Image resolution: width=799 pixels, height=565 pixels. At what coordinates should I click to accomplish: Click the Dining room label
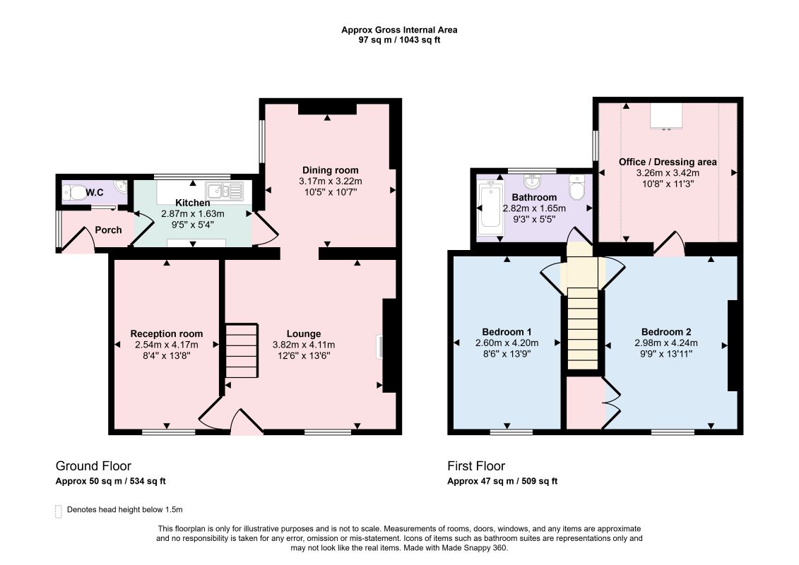click(330, 170)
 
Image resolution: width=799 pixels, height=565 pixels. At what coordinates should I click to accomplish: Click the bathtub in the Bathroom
click(490, 207)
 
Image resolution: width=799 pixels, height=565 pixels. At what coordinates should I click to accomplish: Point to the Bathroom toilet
click(577, 189)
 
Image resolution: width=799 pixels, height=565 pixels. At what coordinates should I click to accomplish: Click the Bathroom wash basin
click(533, 181)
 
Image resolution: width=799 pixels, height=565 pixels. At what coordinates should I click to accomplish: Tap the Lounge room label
click(304, 333)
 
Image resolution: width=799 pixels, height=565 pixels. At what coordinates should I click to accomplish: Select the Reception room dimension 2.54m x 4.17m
click(167, 345)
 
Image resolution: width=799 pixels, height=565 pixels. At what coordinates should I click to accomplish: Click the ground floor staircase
click(242, 351)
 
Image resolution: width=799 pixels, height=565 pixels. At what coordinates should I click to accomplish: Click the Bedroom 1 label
click(507, 332)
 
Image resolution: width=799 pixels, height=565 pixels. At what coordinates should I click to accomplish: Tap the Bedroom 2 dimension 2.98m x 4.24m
click(666, 343)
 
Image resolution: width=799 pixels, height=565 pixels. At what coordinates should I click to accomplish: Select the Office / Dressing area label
click(668, 162)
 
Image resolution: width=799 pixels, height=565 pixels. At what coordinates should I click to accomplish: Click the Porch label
click(109, 230)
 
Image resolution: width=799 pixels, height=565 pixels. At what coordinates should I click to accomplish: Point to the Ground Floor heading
click(93, 466)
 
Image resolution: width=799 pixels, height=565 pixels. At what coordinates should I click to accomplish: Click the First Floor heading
click(476, 466)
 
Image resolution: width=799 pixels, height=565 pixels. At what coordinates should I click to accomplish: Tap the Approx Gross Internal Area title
click(399, 30)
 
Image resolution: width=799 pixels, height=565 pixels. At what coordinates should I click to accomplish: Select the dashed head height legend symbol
click(58, 511)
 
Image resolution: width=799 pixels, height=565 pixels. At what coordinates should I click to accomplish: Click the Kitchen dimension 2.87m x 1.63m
click(193, 214)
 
